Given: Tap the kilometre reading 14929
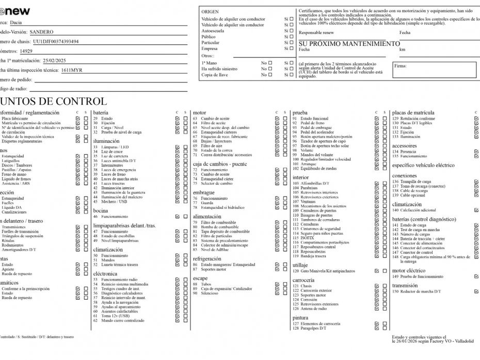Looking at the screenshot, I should pos(26,51).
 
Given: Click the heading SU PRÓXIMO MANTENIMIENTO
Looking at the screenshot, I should pos(349,44).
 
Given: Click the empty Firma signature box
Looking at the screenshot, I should pos(435,70).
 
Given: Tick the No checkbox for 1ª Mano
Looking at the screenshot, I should pos(269,62).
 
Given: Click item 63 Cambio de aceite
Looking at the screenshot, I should pos(211,119).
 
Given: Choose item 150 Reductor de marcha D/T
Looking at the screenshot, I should pos(417,291).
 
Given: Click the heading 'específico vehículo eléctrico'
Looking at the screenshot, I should pos(423,166).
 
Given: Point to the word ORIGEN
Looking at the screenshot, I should pos(210,11).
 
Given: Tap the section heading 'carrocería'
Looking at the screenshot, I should pos(304,280).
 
